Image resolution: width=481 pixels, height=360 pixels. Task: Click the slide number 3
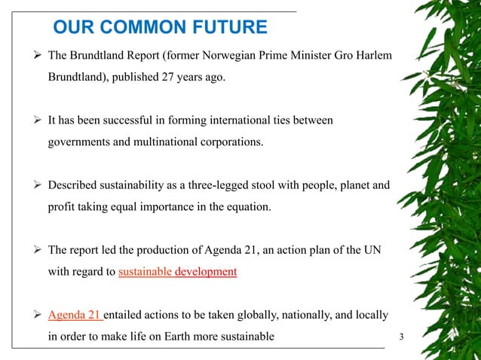pos(401,336)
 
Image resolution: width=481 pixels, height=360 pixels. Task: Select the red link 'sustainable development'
pos(178,272)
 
